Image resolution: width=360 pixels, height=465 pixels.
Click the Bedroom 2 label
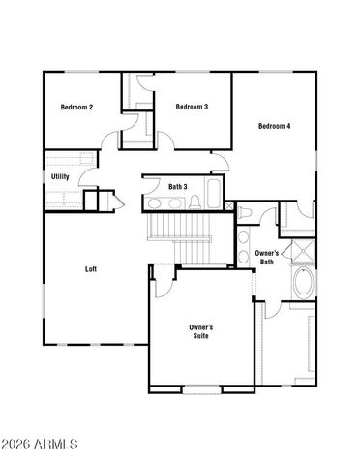tap(76, 107)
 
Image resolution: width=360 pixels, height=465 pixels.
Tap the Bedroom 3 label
tap(192, 107)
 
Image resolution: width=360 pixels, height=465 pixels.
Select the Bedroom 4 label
tap(275, 126)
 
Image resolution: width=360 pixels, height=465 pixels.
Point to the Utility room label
tap(60, 177)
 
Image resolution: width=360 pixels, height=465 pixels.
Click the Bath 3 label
tap(178, 186)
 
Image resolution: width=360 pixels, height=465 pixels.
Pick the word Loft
tap(91, 269)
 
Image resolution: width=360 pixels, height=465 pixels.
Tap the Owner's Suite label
tap(201, 333)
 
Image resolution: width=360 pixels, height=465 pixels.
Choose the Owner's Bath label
tap(267, 258)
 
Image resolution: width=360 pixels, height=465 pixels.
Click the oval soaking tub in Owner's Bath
tap(302, 285)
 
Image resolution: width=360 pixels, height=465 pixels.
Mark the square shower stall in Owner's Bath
tap(303, 252)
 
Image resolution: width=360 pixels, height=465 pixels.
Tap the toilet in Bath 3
tap(194, 202)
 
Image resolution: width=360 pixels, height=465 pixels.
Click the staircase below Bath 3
tap(179, 231)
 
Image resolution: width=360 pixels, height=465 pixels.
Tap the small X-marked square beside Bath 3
tap(226, 207)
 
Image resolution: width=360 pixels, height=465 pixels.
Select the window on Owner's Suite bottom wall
tap(201, 390)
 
